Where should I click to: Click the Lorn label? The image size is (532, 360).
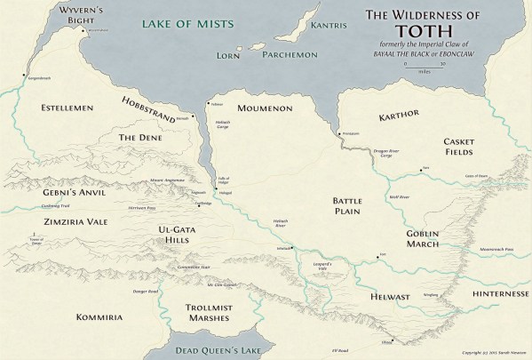coord(229,55)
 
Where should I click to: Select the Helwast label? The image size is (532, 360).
coord(382,299)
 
